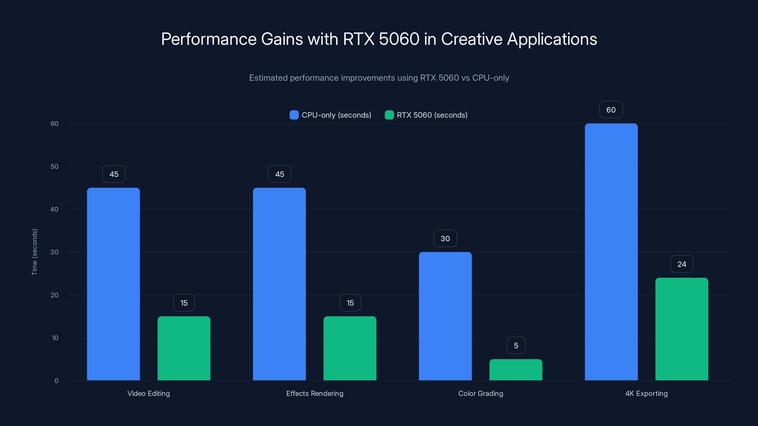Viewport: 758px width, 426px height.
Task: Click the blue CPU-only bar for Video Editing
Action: pyautogui.click(x=113, y=284)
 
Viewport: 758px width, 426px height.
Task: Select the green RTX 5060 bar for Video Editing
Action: pyautogui.click(x=184, y=348)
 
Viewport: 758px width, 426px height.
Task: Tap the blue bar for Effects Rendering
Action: pyautogui.click(x=279, y=284)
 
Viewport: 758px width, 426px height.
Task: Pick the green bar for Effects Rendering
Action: pyautogui.click(x=350, y=348)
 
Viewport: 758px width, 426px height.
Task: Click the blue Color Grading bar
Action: pyautogui.click(x=445, y=316)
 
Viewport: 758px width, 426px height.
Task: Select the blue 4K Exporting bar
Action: pyautogui.click(x=611, y=252)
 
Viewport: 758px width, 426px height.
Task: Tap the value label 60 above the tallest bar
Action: pyautogui.click(x=611, y=110)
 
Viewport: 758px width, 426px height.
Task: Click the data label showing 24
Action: pyautogui.click(x=682, y=264)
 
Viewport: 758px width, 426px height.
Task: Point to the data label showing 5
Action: pyautogui.click(x=516, y=346)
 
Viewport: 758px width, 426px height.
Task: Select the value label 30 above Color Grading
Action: pyautogui.click(x=445, y=238)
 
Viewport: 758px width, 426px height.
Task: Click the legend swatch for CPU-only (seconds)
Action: pyautogui.click(x=294, y=115)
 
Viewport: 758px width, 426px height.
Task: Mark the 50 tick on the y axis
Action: pyautogui.click(x=54, y=166)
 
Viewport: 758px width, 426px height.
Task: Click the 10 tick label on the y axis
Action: pyautogui.click(x=55, y=338)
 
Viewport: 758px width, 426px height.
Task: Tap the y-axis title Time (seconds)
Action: pyautogui.click(x=34, y=252)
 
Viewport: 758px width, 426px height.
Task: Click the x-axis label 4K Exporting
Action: pyautogui.click(x=646, y=393)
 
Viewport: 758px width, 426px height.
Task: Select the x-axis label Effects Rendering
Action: pyautogui.click(x=315, y=393)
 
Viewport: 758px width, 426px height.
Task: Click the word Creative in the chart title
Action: pyautogui.click(x=471, y=39)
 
